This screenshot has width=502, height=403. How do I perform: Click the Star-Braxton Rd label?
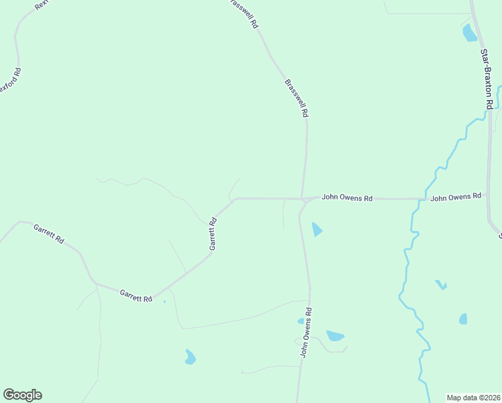(x=487, y=79)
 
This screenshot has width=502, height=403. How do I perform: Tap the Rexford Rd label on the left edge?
(x=9, y=81)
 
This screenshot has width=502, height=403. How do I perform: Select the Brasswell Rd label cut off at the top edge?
(x=244, y=12)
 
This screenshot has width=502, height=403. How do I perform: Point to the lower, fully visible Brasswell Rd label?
(x=296, y=99)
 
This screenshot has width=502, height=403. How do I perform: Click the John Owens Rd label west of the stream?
(x=347, y=198)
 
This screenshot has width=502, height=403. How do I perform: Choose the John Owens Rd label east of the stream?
(x=456, y=197)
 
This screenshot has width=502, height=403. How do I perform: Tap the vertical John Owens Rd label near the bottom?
(x=306, y=332)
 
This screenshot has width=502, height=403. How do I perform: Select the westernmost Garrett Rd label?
(x=49, y=233)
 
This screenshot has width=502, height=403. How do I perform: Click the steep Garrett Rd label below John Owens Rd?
(x=213, y=234)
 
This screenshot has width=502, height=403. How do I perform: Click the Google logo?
(x=22, y=395)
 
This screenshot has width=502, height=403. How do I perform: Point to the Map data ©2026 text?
(x=474, y=398)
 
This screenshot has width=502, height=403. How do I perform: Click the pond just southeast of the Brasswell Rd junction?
(x=316, y=230)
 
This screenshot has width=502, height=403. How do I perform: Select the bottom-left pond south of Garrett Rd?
(x=190, y=357)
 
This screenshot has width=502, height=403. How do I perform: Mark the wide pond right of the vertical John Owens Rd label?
(x=335, y=335)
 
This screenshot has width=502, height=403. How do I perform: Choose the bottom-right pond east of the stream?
(x=463, y=319)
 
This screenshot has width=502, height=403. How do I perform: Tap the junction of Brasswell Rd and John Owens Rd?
(x=303, y=199)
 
